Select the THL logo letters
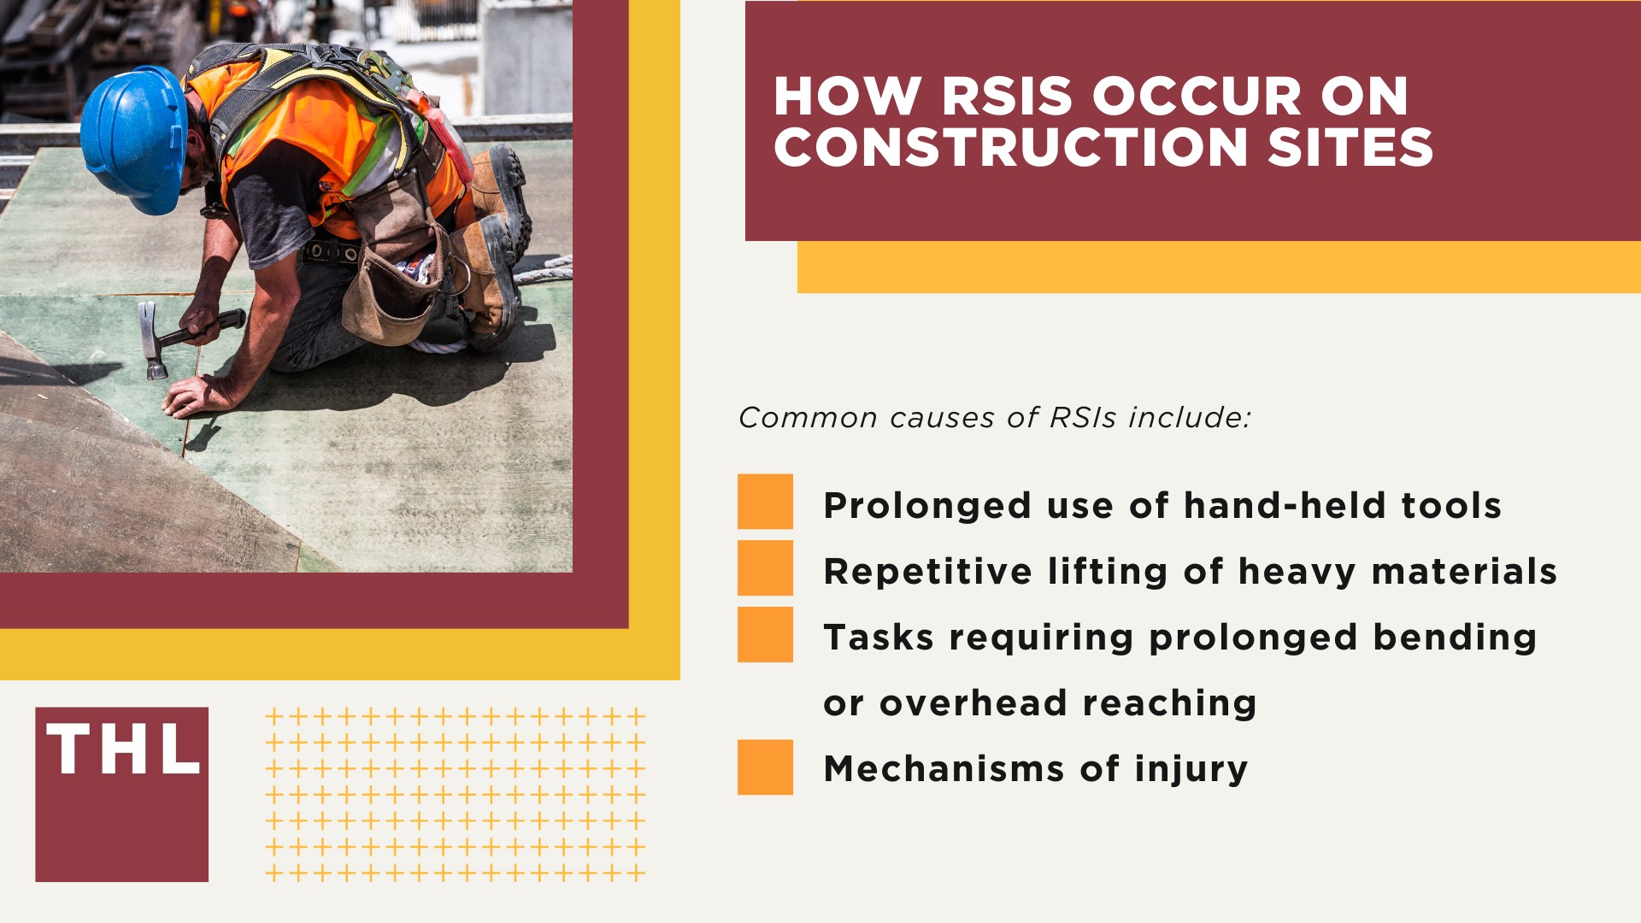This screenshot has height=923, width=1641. (122, 750)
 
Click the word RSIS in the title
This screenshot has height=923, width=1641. (1007, 97)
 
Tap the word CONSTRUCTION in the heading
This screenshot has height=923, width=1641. (1011, 147)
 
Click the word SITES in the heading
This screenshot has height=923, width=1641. (1350, 147)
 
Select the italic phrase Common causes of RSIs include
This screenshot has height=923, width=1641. (994, 418)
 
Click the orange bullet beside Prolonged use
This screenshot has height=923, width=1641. (765, 502)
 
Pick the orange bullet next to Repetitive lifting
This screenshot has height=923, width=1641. (765, 567)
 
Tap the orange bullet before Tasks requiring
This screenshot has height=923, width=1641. (765, 634)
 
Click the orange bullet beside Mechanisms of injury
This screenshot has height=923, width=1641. (765, 767)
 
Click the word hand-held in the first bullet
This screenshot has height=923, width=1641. (1284, 505)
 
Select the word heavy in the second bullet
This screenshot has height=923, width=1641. (1297, 572)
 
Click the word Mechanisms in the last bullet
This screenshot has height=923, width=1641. (944, 768)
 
